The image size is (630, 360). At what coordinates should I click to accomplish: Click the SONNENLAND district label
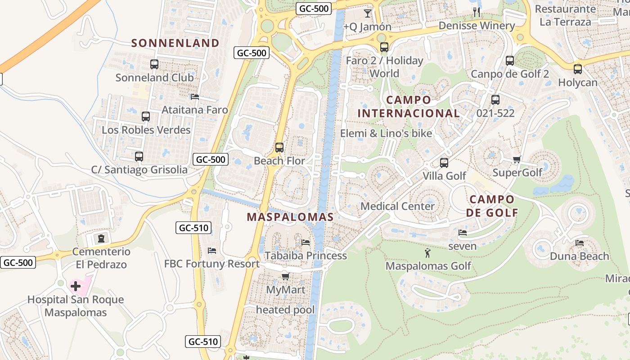[175, 43]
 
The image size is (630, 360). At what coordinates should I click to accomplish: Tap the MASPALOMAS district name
[290, 217]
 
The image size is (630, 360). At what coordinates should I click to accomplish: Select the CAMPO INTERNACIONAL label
[409, 107]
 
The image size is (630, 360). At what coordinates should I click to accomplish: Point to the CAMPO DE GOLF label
[492, 206]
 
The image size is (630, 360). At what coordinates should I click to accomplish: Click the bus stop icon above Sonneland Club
[154, 64]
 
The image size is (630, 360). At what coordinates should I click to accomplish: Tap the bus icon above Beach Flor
[279, 147]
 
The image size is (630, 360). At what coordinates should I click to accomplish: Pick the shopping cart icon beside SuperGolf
[517, 160]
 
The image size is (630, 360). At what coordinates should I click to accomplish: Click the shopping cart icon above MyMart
[285, 276]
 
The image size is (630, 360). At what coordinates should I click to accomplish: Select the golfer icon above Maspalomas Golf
[427, 253]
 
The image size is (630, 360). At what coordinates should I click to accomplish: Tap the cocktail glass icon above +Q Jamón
[368, 13]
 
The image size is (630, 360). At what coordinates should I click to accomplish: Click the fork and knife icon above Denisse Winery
[477, 12]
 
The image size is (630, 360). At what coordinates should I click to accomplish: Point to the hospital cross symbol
[76, 286]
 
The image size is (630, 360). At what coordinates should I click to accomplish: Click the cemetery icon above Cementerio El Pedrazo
[101, 238]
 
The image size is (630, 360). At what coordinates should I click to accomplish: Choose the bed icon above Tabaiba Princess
[306, 243]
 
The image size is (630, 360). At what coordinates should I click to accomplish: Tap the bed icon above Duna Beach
[580, 243]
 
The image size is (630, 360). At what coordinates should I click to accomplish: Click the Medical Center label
[398, 207]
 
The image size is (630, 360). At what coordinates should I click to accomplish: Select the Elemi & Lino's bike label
[386, 133]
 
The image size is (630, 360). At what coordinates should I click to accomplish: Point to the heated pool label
[285, 310]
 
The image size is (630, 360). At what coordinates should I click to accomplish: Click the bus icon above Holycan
[578, 69]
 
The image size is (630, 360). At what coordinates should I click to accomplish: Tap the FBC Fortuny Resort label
[211, 264]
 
